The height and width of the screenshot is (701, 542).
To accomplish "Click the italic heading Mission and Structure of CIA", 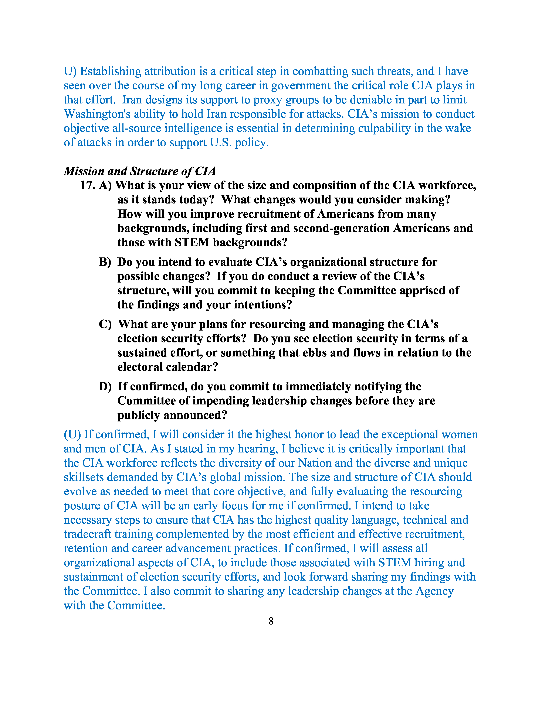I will (x=140, y=171).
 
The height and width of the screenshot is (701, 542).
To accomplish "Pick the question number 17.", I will (x=87, y=185).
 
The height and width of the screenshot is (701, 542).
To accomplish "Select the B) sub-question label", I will (x=105, y=262).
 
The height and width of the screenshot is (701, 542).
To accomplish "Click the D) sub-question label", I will (x=105, y=386).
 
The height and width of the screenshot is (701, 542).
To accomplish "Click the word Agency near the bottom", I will (x=434, y=591).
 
